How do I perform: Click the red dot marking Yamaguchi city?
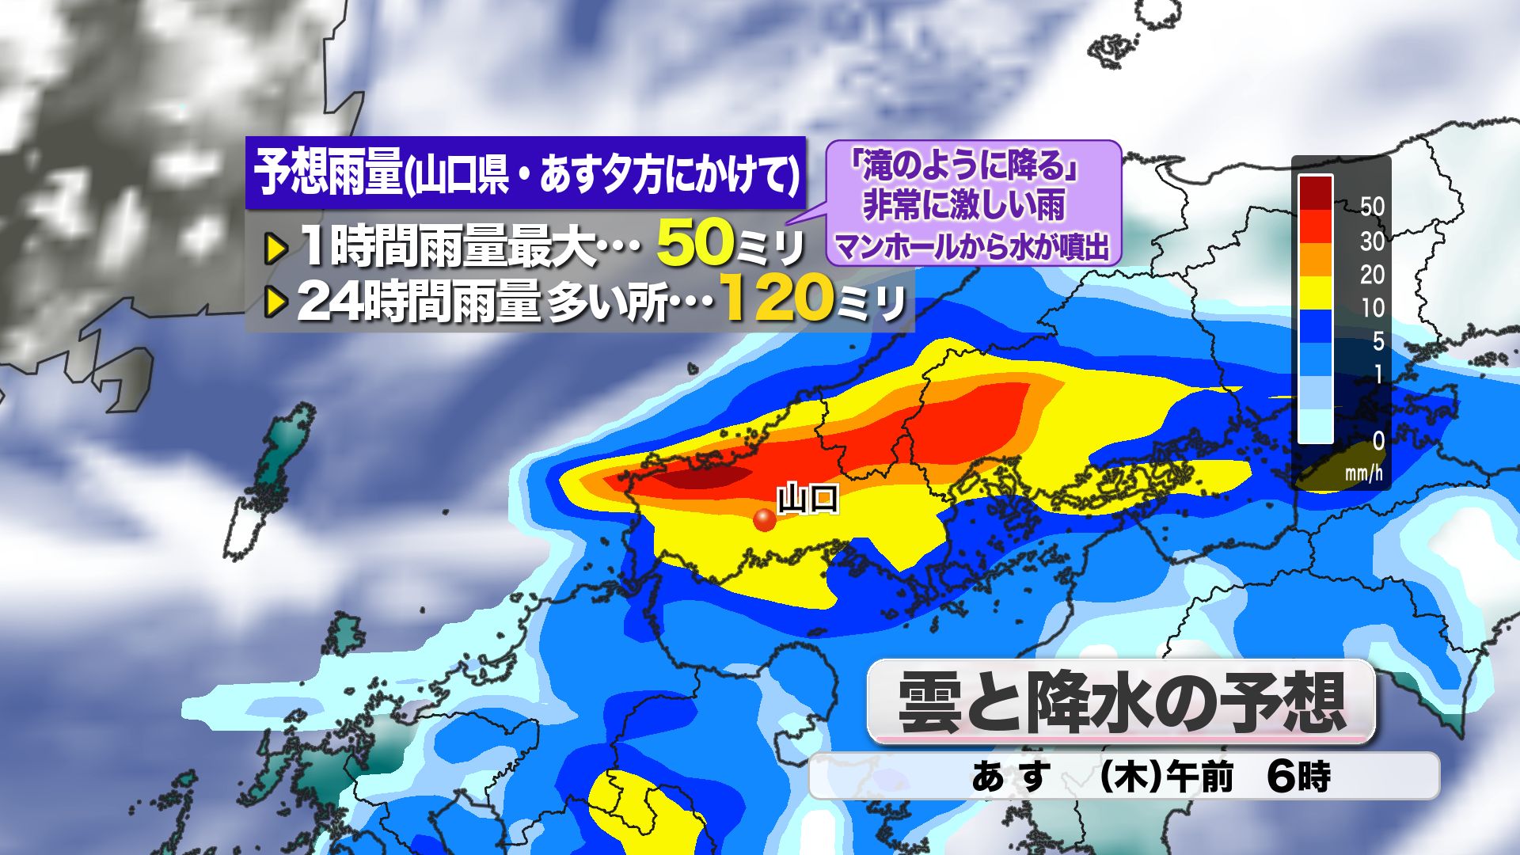tap(764, 519)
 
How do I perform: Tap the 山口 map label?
tap(807, 500)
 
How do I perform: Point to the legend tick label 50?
tap(1372, 207)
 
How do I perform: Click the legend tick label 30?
tap(1372, 241)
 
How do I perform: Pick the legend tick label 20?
tap(1372, 275)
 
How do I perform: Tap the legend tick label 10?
tap(1372, 308)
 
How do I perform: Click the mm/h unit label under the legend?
tap(1364, 473)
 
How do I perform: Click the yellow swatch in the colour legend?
tap(1315, 292)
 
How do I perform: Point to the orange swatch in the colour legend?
tap(1315, 259)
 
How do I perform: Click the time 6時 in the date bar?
tap(1298, 777)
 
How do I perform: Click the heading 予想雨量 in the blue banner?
tap(329, 173)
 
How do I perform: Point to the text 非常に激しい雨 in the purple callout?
tap(963, 206)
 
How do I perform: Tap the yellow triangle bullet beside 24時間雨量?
tap(275, 302)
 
